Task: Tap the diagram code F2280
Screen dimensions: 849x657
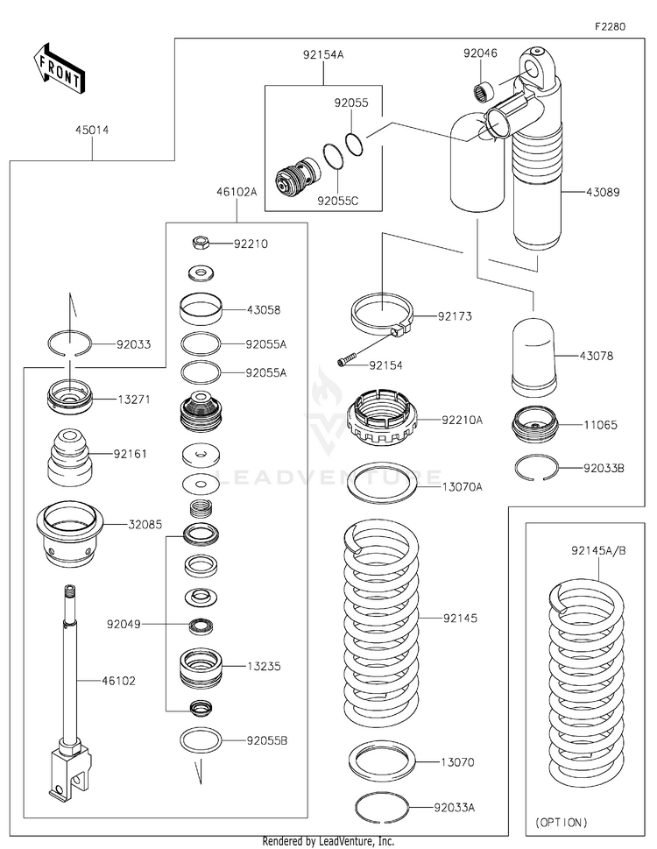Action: click(610, 26)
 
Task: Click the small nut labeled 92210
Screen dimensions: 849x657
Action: click(200, 243)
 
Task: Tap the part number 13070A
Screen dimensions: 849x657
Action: click(463, 485)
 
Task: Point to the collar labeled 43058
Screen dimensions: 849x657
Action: click(200, 308)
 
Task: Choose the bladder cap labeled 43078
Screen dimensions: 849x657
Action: click(534, 356)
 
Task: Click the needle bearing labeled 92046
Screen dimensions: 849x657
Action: click(480, 90)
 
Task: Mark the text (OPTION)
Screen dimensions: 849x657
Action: click(562, 823)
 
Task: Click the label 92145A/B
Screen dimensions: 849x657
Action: click(598, 550)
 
